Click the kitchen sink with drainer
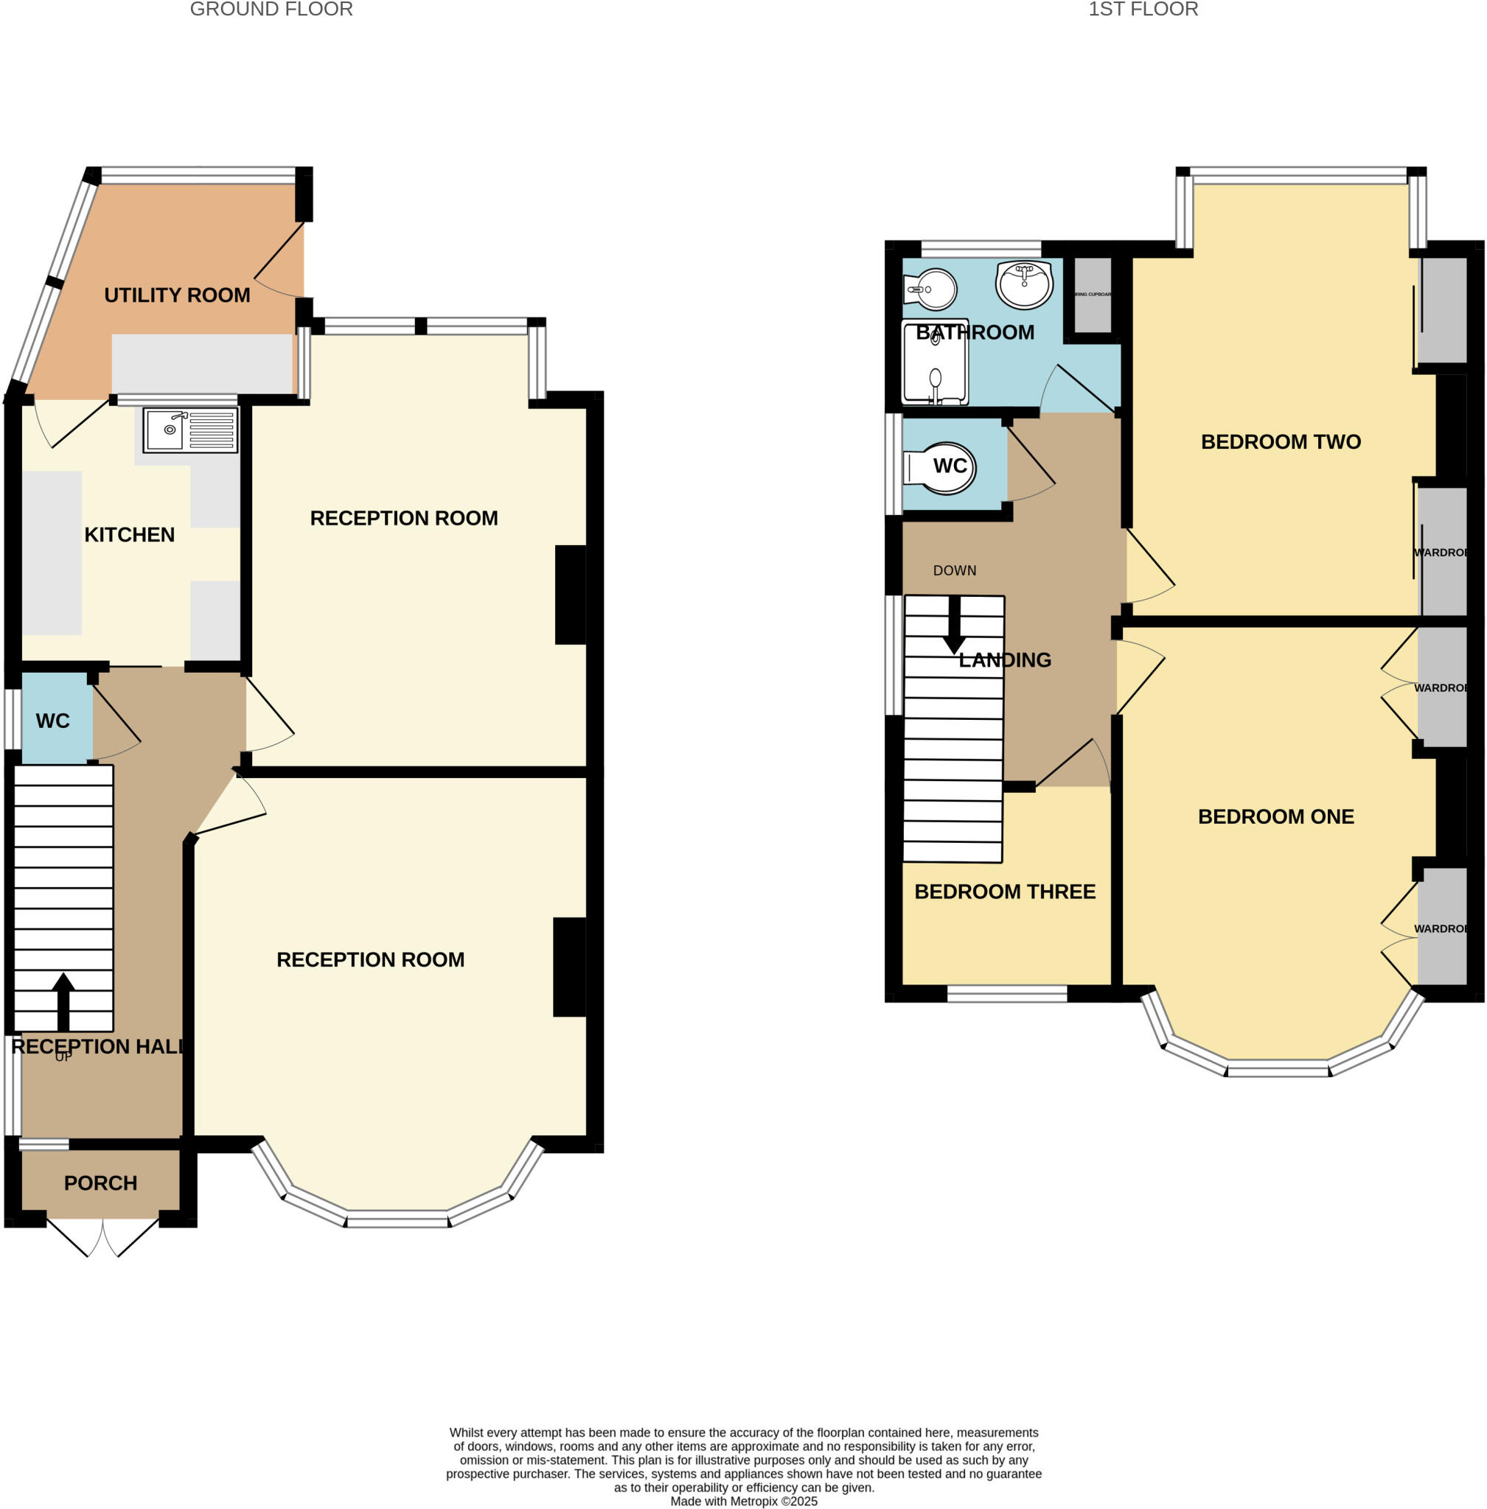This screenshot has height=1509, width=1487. tap(190, 430)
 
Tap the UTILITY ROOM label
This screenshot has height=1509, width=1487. tap(177, 295)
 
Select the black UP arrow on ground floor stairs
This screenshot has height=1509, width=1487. tap(63, 1001)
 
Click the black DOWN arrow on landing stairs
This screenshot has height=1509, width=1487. tap(953, 626)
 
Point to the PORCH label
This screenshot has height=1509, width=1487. tap(101, 1183)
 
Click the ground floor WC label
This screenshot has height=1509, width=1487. tap(53, 721)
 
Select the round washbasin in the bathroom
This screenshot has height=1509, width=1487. tap(1024, 285)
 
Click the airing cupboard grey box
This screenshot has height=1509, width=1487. tap(1093, 295)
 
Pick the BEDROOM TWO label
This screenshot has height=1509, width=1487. tap(1281, 442)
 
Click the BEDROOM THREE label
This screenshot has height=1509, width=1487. tap(1004, 892)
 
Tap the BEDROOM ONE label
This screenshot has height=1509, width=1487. tap(1276, 816)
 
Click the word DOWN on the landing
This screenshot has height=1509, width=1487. tap(955, 570)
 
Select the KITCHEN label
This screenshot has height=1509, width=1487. tap(130, 535)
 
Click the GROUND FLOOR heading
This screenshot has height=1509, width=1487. tap(271, 10)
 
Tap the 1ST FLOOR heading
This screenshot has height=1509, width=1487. tap(1143, 10)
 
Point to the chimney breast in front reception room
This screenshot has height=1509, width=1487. tap(569, 967)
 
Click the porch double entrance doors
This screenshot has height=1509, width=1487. tap(103, 1236)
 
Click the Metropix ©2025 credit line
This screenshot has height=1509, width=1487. tap(743, 1501)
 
